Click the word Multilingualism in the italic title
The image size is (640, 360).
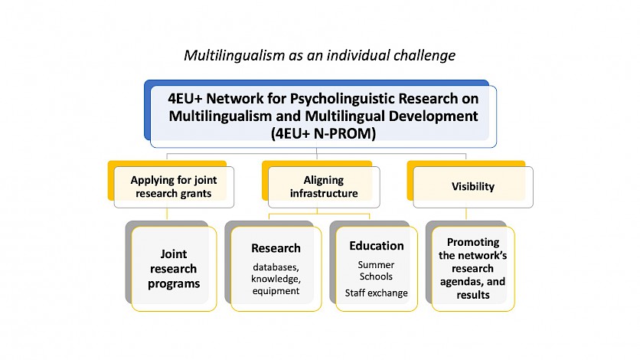pos(234,55)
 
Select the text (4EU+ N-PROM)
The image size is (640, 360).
pos(323,133)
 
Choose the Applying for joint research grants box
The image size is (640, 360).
pos(174,187)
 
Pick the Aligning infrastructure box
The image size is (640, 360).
pos(324,187)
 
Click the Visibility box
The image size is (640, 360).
pos(473,187)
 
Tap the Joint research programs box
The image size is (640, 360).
pos(174,269)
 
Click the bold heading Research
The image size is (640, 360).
pos(276,248)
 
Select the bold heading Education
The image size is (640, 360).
pos(377,246)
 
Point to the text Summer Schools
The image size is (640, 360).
pos(376,270)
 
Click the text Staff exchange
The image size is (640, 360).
pos(377,293)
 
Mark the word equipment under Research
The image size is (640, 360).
pos(276,291)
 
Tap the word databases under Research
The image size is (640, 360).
pos(276,267)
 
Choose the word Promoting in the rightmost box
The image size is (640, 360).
pos(473,243)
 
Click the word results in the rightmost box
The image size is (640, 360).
pos(473,295)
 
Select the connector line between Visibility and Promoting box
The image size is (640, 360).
pos(466,214)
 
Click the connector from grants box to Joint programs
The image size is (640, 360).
pos(167,214)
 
